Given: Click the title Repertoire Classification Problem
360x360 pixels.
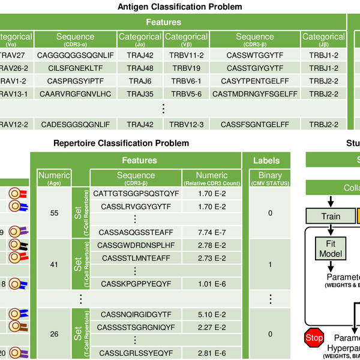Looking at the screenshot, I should [x=121, y=143].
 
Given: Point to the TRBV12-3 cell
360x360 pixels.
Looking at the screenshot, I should [x=186, y=124].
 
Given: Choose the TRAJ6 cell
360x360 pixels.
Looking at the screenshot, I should [x=140, y=80].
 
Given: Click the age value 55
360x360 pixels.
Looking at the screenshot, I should [x=54, y=213].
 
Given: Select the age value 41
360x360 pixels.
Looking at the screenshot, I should [x=54, y=263].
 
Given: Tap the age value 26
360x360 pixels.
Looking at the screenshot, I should [x=54, y=334].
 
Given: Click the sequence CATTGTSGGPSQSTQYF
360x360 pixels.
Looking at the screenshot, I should [x=136, y=193].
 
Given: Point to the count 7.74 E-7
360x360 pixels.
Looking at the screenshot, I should [x=212, y=231].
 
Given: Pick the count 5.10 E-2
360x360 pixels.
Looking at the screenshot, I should [x=212, y=314].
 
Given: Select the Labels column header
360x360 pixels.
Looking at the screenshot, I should [x=266, y=160].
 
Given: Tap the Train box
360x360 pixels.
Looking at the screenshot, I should [x=331, y=216].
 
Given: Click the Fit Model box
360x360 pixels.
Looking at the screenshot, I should [x=331, y=249].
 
